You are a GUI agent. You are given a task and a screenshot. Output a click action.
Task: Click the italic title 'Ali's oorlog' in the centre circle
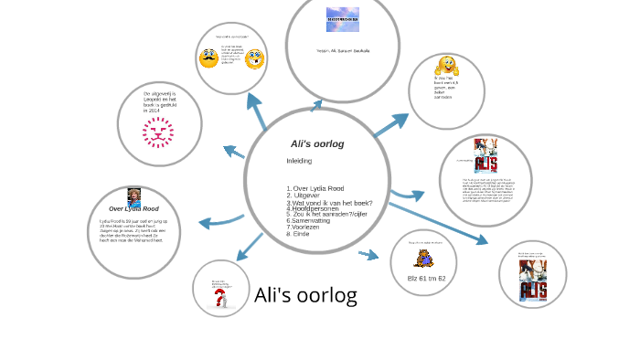pyautogui.click(x=316, y=144)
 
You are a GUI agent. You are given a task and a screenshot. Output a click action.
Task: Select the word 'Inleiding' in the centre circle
pyautogui.click(x=299, y=161)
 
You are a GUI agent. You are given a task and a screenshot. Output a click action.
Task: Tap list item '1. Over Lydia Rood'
pyautogui.click(x=315, y=188)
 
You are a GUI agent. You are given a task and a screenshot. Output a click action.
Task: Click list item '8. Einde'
pyautogui.click(x=298, y=234)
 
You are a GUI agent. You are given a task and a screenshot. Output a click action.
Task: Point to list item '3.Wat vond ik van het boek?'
pyautogui.click(x=329, y=202)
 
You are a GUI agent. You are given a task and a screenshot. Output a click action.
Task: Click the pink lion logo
pyautogui.click(x=157, y=132)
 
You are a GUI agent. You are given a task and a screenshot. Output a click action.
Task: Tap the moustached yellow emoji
pyautogui.click(x=209, y=58)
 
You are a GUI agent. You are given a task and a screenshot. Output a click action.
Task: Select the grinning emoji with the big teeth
pyautogui.click(x=254, y=60)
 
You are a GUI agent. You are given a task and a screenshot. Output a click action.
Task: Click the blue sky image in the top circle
pyautogui.click(x=343, y=20)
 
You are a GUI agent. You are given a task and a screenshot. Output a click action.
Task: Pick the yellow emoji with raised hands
pyautogui.click(x=447, y=66)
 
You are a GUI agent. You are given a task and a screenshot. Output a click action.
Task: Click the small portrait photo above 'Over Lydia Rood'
pyautogui.click(x=133, y=196)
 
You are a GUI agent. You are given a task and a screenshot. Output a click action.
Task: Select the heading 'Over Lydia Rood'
pyautogui.click(x=133, y=209)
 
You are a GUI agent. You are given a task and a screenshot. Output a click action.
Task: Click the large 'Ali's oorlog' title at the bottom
pyautogui.click(x=305, y=295)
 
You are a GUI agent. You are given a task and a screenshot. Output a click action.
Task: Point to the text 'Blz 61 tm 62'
pyautogui.click(x=426, y=278)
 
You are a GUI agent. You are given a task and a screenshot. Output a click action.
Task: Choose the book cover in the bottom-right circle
pyautogui.click(x=532, y=279)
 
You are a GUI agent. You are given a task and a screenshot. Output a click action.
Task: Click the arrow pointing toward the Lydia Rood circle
pyautogui.click(x=220, y=221)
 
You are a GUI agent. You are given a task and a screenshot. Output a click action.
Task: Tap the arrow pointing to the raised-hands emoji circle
pyautogui.click(x=392, y=125)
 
